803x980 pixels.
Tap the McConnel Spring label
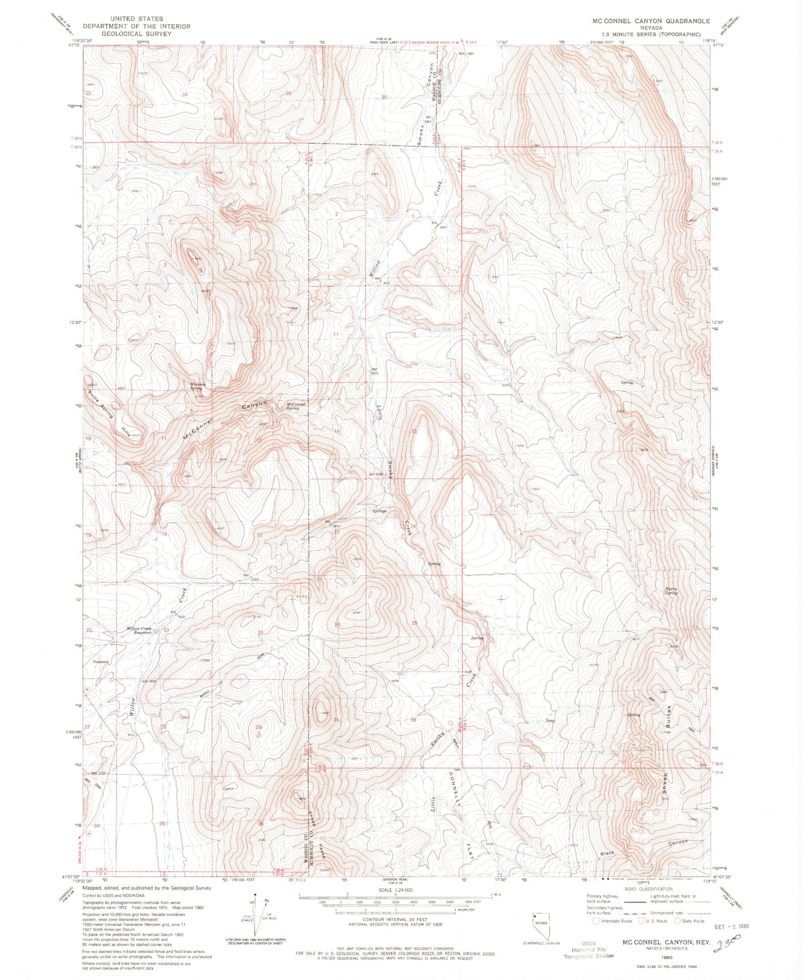click(x=295, y=406)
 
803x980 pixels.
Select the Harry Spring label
click(x=671, y=591)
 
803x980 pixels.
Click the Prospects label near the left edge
click(x=101, y=662)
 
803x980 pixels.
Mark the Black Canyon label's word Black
click(x=607, y=853)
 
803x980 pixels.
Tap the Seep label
click(x=550, y=721)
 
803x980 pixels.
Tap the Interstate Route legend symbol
click(x=596, y=921)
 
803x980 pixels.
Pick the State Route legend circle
click(x=678, y=921)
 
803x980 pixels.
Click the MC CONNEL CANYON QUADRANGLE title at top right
click(x=650, y=21)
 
